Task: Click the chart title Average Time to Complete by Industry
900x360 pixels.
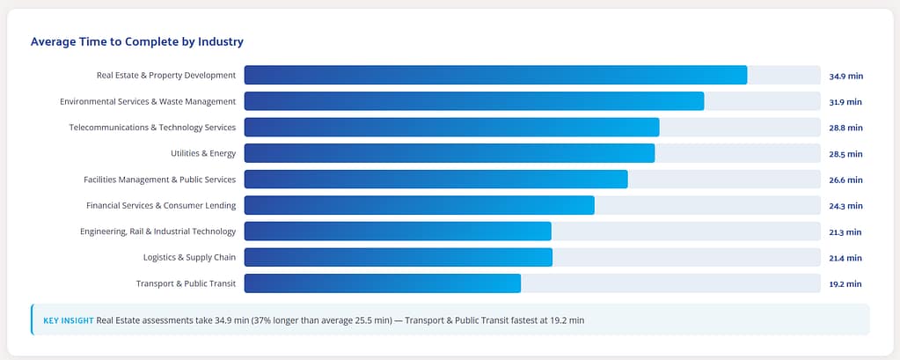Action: coord(136,41)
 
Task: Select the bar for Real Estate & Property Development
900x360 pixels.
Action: coord(495,75)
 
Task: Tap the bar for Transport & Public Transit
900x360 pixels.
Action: coord(382,283)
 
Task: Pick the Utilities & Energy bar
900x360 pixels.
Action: coord(449,153)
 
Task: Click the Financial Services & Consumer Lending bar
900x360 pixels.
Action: coord(419,205)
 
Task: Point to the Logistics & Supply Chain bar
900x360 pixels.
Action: coord(398,257)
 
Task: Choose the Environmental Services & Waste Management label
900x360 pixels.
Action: coord(148,101)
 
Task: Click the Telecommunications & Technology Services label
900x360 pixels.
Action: coord(152,128)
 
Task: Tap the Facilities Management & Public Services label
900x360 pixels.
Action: coord(159,180)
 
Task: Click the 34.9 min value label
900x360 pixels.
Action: coord(845,77)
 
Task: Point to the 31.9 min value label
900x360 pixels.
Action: coord(845,102)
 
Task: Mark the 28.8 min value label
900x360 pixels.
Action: coord(845,128)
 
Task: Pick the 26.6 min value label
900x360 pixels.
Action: coord(845,180)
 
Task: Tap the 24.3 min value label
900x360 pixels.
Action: coord(845,206)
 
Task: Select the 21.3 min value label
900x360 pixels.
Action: coord(845,232)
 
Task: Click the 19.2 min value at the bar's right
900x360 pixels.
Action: coord(845,284)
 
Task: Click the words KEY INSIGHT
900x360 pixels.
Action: coord(69,320)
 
